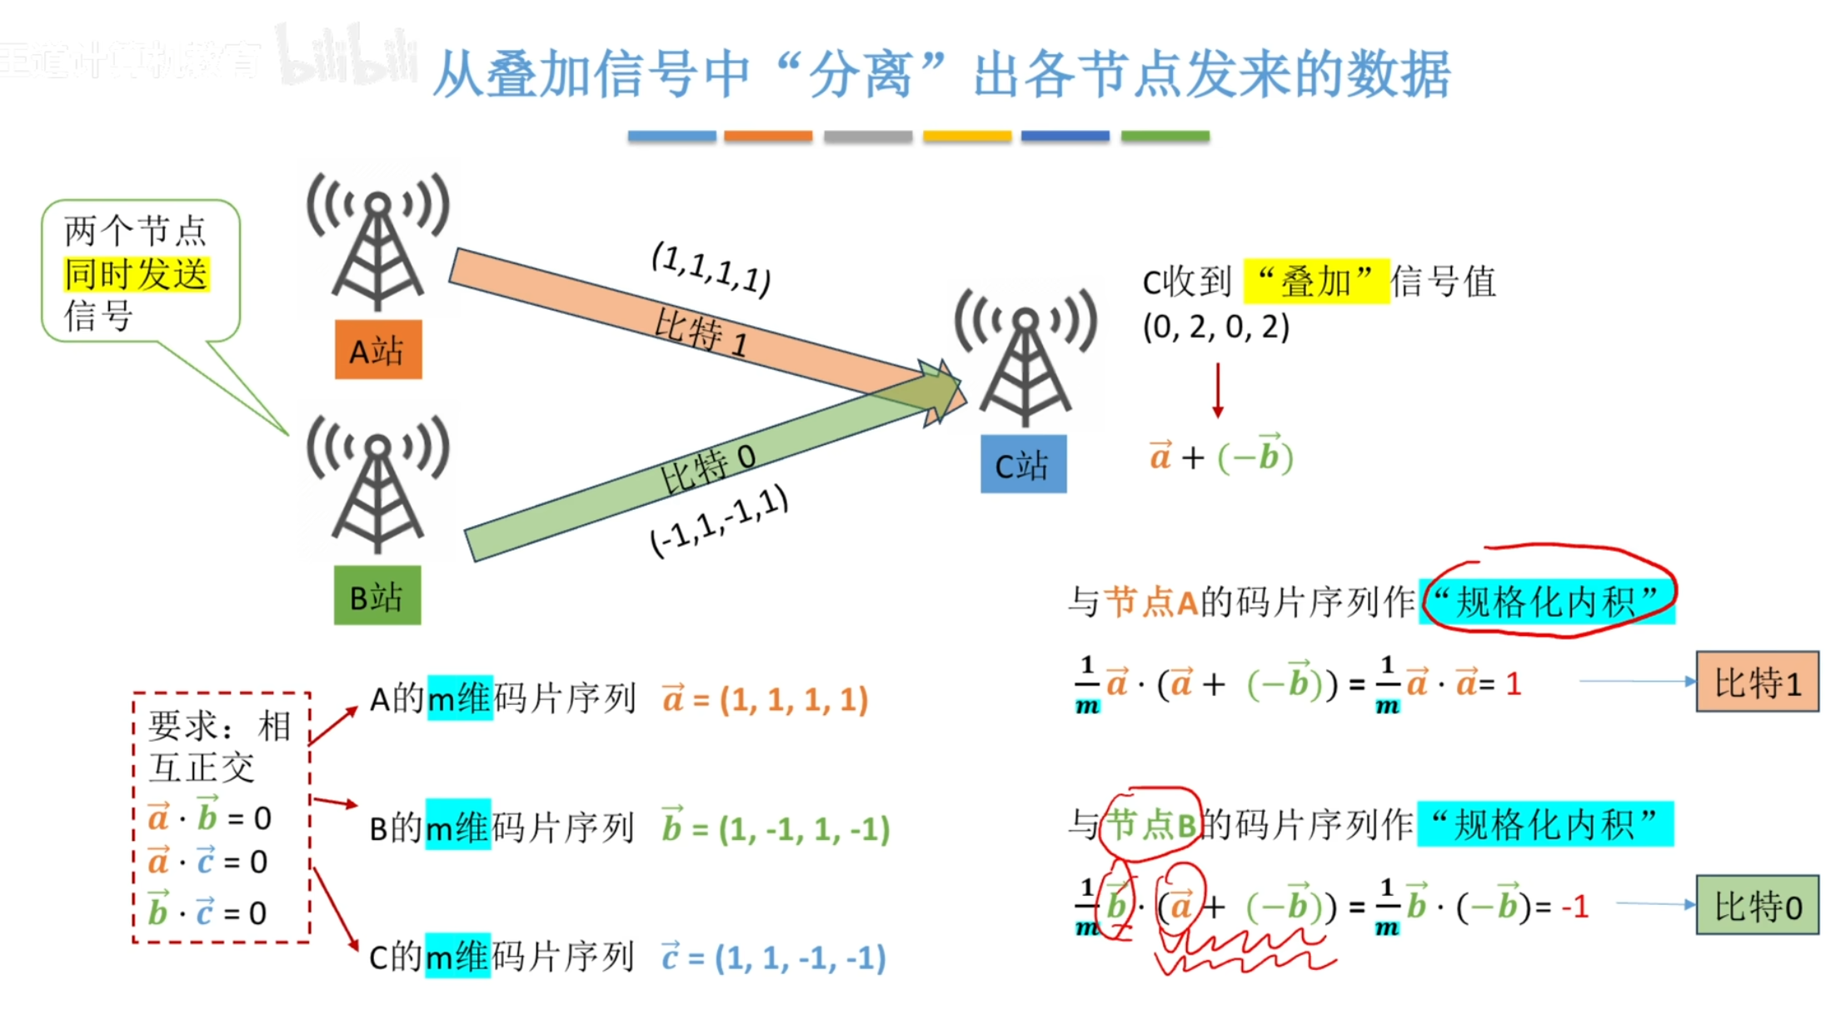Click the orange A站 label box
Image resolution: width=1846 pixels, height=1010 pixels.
(378, 350)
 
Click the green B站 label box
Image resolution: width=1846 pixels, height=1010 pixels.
(377, 596)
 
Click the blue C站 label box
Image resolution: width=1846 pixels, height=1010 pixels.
(1023, 464)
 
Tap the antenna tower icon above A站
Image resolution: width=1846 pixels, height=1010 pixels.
(378, 242)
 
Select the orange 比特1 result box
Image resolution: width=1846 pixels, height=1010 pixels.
(1757, 682)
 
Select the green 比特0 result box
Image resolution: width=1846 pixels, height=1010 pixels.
(1757, 905)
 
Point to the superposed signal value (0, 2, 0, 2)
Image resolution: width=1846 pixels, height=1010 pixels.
(1215, 327)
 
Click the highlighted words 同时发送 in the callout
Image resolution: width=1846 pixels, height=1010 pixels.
(137, 274)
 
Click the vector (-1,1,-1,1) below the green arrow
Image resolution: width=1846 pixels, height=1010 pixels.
(719, 521)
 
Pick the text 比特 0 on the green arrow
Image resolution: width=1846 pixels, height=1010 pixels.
(707, 468)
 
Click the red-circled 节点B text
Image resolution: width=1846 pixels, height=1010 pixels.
(1150, 824)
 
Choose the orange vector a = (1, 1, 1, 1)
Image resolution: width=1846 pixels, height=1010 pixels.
(766, 698)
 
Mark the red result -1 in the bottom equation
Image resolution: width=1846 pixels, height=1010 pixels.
(1574, 906)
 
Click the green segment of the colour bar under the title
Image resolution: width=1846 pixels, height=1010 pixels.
(1165, 136)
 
